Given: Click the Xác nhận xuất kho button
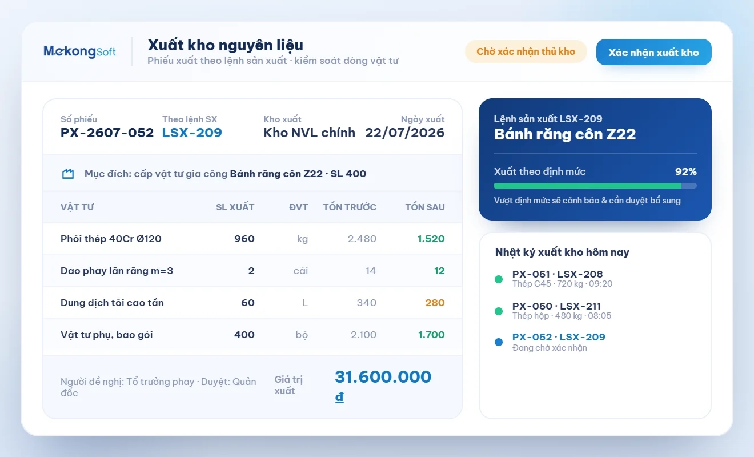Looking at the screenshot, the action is coord(653,52).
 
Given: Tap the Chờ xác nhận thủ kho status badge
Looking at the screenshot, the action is coord(526,51).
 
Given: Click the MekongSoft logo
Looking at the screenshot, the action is coord(79,51).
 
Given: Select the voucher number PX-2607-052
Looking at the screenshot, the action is coord(107,133).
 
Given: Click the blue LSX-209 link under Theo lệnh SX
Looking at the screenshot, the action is coord(192,133).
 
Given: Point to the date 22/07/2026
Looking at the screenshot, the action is coord(404,133).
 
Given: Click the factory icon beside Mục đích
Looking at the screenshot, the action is coord(67,174).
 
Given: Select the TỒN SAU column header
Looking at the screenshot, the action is coord(425,207).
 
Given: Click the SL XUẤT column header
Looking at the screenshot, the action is coord(235,207).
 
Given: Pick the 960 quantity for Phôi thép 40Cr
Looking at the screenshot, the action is coord(244,239).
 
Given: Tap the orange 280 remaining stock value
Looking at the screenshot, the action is coord(435,303).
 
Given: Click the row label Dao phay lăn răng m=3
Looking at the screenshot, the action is coord(117,271).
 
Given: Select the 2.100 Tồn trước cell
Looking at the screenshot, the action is coord(363,335).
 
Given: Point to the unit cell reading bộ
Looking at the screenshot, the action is coord(302,335).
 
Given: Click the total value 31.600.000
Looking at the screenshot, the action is coord(383,376).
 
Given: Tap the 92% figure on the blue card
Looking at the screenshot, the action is coord(686,171).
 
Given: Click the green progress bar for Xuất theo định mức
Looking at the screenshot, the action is coord(587,186).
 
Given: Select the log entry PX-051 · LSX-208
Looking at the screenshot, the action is coord(558,274).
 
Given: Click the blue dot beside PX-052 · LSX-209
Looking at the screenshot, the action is coord(499,342).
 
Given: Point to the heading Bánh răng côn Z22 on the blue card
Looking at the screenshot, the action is coord(565,134).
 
